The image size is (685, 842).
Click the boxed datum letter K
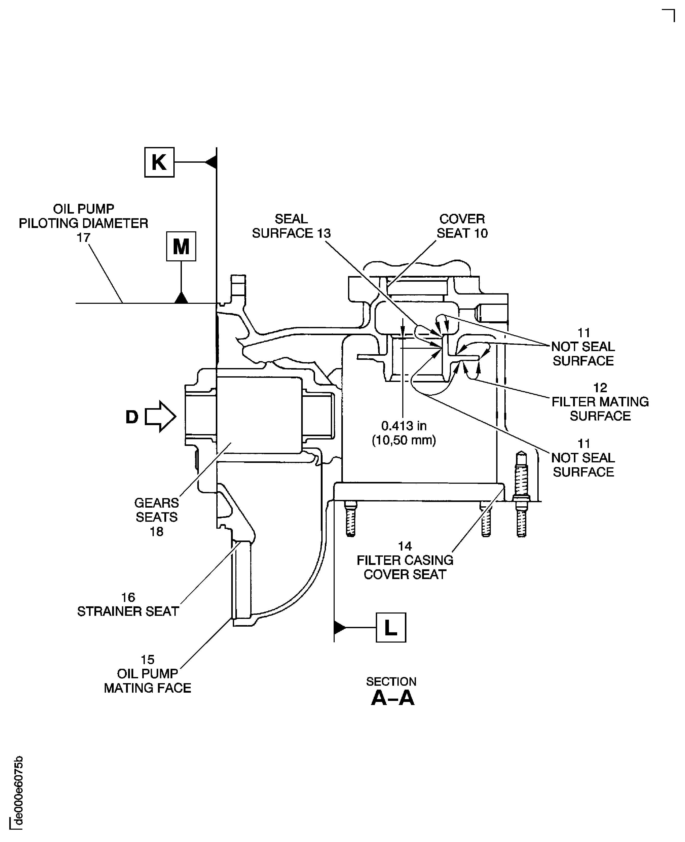pyautogui.click(x=159, y=162)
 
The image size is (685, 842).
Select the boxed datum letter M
pyautogui.click(x=181, y=246)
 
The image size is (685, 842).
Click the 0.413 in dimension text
pyautogui.click(x=404, y=426)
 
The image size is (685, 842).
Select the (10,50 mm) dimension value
pyautogui.click(x=404, y=440)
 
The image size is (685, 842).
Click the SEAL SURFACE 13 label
pyautogui.click(x=291, y=226)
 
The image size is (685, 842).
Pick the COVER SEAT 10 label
pyautogui.click(x=462, y=226)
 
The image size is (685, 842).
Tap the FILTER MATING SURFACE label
pyautogui.click(x=600, y=402)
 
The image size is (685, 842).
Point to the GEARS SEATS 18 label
pyautogui.click(x=156, y=517)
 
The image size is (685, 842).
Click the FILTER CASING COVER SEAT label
pyautogui.click(x=405, y=561)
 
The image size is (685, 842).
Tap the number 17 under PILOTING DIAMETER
pyautogui.click(x=83, y=238)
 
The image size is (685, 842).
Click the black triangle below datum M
pyautogui.click(x=181, y=298)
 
